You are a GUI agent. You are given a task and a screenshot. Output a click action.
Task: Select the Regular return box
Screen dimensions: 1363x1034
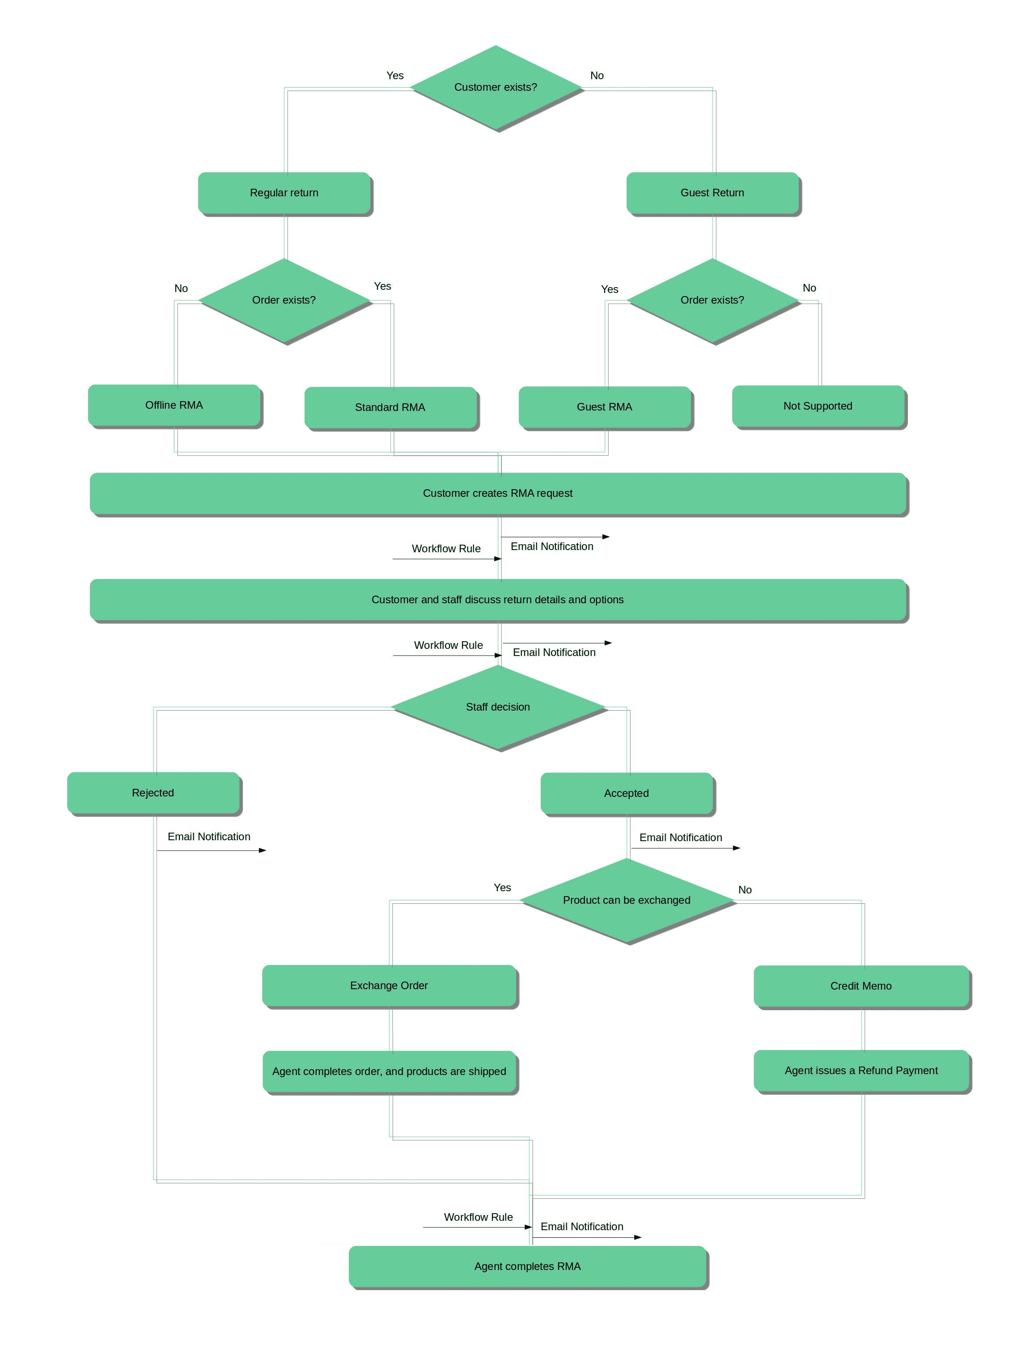click(x=284, y=193)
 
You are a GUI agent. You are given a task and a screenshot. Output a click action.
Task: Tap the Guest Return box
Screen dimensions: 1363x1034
click(x=712, y=193)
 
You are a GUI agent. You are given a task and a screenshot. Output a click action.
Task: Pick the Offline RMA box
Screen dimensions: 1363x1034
click(x=174, y=405)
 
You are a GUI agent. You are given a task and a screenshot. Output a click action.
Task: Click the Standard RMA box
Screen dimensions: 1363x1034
click(x=390, y=407)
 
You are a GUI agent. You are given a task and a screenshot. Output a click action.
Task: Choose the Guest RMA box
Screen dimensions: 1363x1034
click(x=605, y=406)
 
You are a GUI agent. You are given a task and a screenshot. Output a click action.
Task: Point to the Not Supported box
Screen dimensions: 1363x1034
click(x=818, y=406)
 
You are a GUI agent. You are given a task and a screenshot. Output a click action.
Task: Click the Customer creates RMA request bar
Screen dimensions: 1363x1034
click(x=498, y=493)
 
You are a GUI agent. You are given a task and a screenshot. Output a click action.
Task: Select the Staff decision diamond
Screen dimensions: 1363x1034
click(x=498, y=707)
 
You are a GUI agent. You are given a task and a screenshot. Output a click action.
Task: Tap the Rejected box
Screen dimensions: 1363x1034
click(x=153, y=792)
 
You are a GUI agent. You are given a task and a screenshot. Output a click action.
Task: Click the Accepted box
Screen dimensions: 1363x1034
click(x=626, y=793)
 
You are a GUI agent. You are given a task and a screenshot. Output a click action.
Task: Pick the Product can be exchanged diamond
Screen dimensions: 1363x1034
click(x=626, y=900)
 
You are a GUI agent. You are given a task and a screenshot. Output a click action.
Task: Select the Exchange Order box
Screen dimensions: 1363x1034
click(x=389, y=985)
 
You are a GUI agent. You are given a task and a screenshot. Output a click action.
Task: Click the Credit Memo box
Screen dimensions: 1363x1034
click(x=861, y=986)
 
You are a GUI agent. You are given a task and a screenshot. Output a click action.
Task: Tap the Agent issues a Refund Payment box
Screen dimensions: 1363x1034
click(x=861, y=1070)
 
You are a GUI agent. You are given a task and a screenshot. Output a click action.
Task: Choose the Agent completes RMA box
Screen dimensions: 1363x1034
click(x=527, y=1266)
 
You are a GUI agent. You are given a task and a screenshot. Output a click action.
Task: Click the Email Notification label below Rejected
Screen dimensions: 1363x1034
click(x=209, y=836)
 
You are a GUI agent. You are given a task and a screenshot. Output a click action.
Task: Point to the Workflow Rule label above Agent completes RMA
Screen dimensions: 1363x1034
click(x=478, y=1217)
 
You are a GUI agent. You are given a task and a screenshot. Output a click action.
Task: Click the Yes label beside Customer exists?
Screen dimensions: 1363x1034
click(x=395, y=75)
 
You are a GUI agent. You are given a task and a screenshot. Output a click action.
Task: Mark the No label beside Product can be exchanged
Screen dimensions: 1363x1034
click(x=745, y=890)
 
